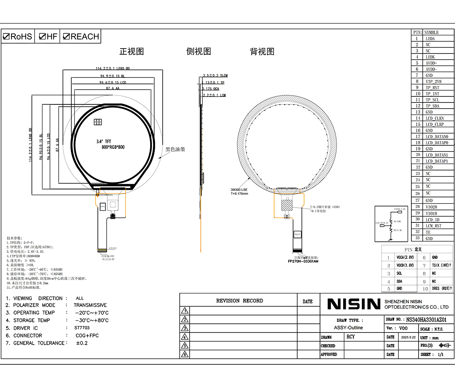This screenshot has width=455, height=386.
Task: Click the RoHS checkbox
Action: [6, 37]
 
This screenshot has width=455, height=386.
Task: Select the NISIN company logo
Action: [353, 304]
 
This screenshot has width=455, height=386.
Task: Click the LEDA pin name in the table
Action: [430, 39]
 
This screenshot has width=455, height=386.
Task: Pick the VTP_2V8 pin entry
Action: [433, 82]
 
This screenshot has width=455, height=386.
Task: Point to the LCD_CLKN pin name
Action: [435, 118]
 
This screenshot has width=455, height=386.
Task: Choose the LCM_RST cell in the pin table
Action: [433, 226]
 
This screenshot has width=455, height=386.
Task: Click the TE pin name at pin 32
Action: [428, 232]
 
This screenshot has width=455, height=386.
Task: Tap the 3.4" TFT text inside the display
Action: [104, 142]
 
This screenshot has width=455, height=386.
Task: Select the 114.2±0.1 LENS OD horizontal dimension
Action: [113, 69]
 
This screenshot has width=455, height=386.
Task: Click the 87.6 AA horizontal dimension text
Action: [113, 88]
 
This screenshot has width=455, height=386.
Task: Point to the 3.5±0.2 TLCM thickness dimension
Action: [215, 76]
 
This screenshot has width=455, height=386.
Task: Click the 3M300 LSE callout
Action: [239, 190]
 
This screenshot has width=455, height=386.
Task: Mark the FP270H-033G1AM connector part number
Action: [303, 261]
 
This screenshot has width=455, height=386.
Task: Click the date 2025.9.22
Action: [408, 337]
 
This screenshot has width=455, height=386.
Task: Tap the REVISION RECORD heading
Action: [239, 301]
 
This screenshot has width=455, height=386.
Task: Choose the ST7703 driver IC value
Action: [82, 328]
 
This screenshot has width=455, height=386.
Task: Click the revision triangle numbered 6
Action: [185, 354]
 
